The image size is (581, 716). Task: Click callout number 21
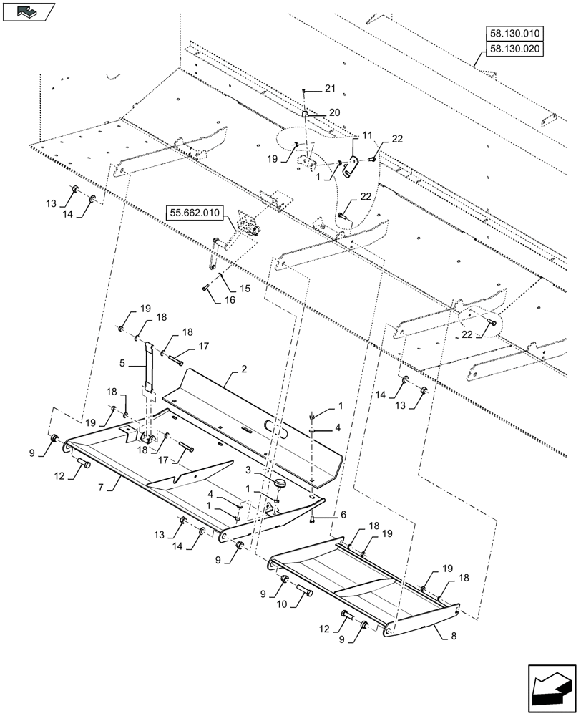329,89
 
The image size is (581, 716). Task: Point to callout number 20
335,113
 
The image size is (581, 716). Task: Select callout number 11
367,135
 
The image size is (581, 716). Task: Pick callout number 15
245,288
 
